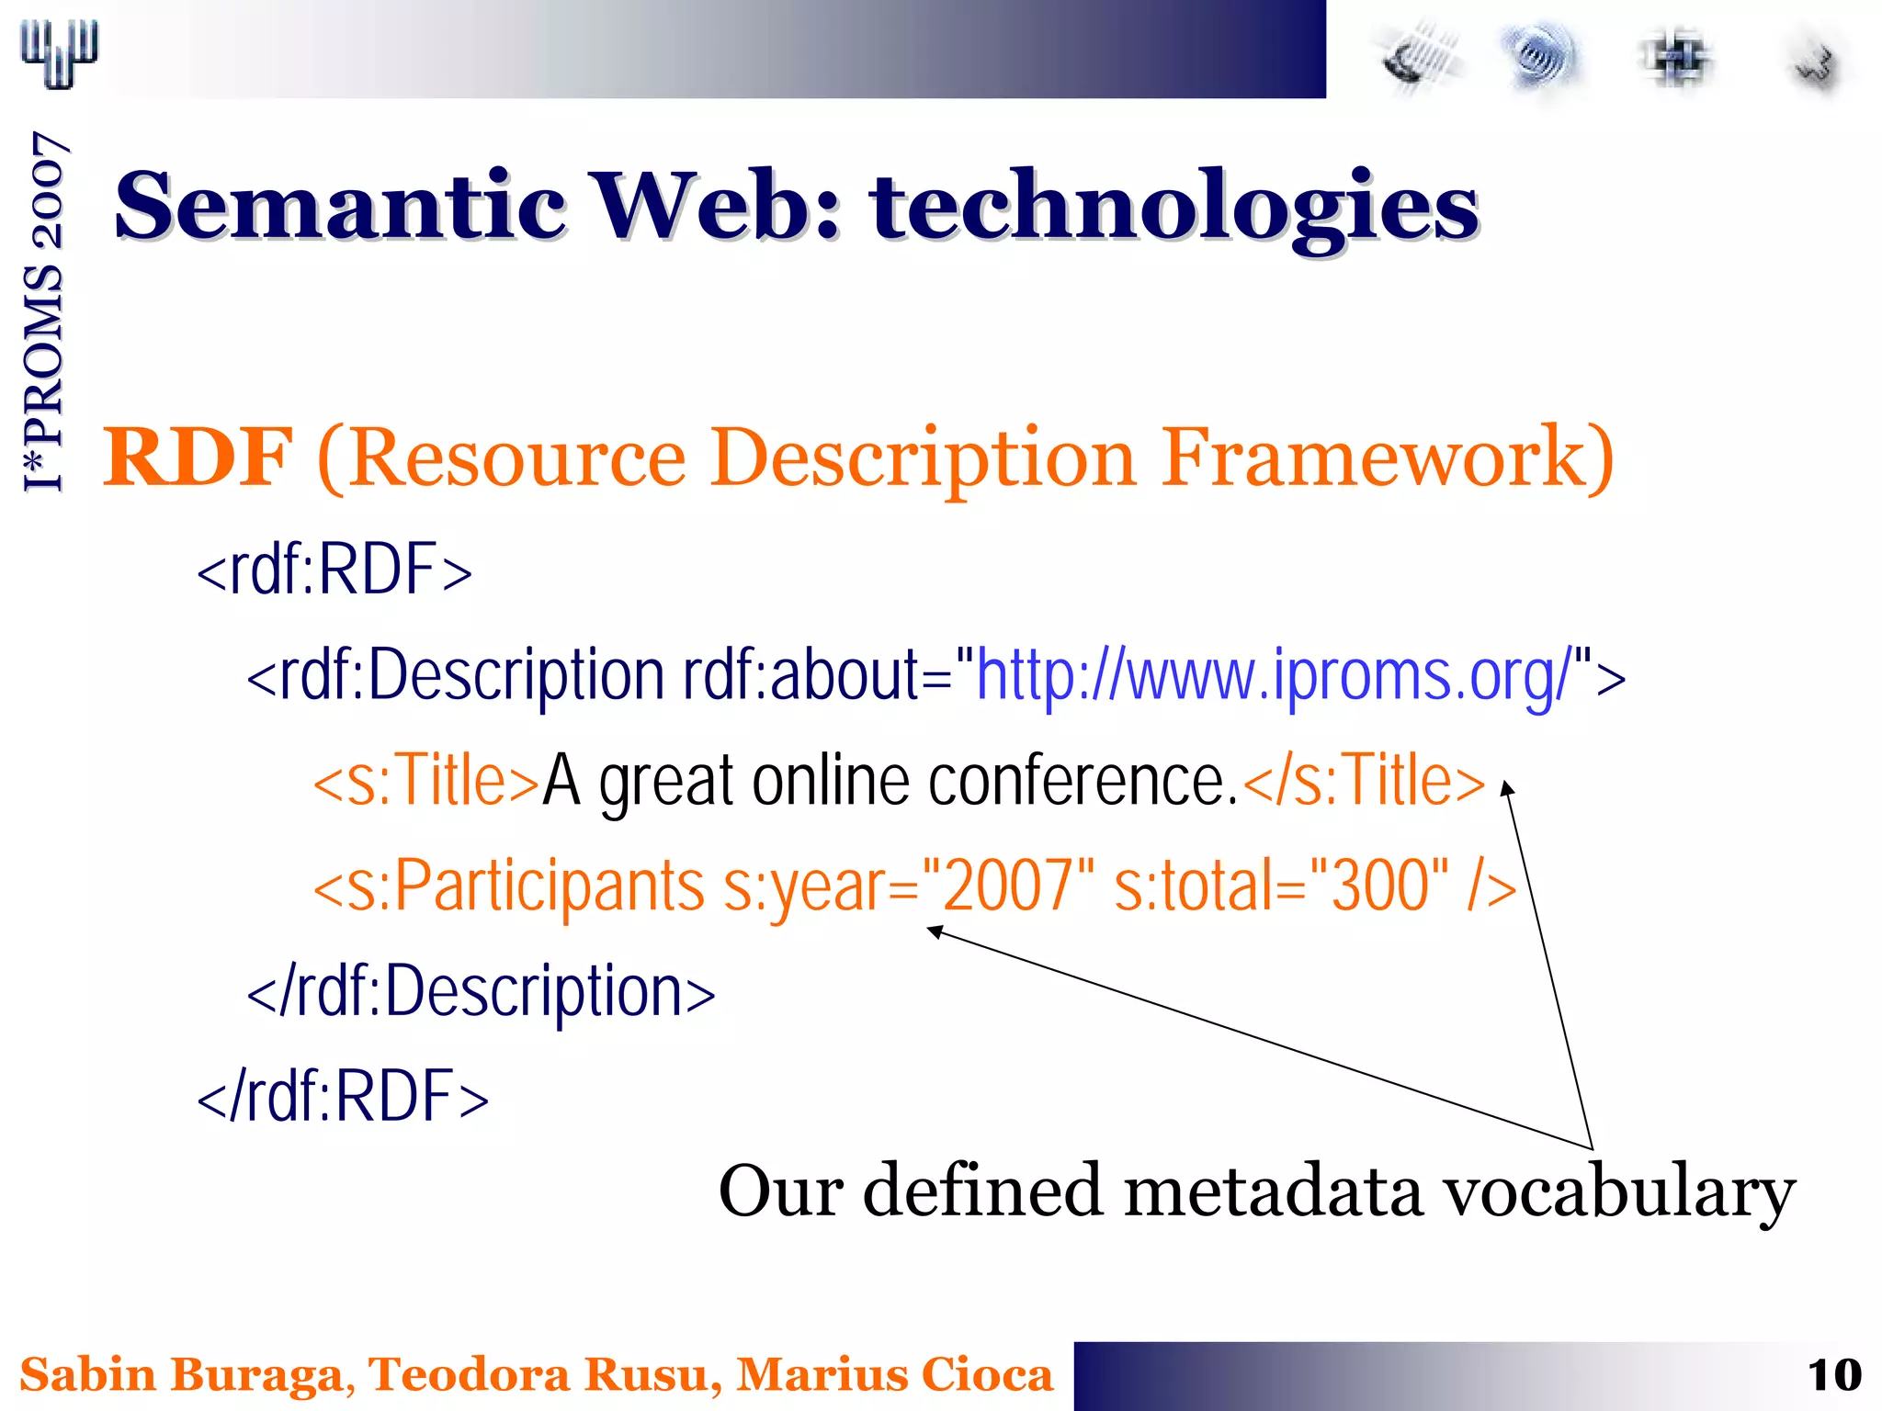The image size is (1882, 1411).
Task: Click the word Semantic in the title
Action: pyautogui.click(x=340, y=207)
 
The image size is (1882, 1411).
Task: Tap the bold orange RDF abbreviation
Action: pyautogui.click(x=197, y=457)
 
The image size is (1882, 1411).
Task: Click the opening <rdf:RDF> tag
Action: pyautogui.click(x=334, y=570)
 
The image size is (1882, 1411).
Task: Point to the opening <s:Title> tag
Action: pyautogui.click(x=425, y=782)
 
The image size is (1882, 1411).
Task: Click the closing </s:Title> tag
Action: pyautogui.click(x=1364, y=782)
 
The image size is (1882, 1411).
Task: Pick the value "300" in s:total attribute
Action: pyautogui.click(x=1379, y=886)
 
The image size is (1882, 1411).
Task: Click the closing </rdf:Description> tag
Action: pyautogui.click(x=481, y=992)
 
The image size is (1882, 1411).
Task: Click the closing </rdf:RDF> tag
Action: pyautogui.click(x=343, y=1097)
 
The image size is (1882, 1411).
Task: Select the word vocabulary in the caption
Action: pyautogui.click(x=1618, y=1191)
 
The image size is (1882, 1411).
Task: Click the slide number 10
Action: pyautogui.click(x=1833, y=1376)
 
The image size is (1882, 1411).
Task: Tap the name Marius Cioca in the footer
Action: pyautogui.click(x=894, y=1375)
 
